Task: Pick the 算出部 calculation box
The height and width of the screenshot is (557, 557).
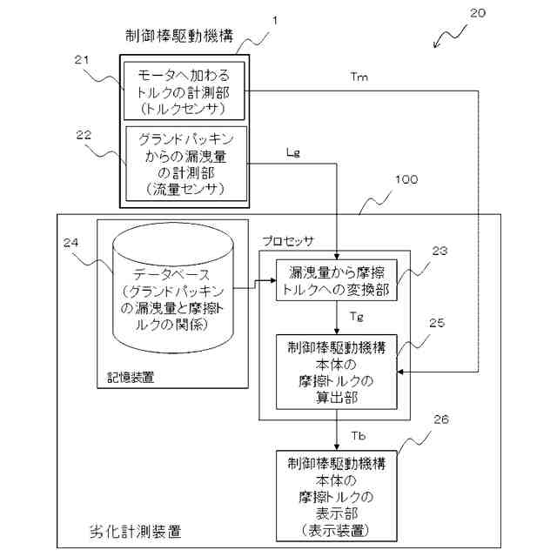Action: click(335, 372)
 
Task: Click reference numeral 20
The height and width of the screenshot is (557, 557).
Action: click(478, 13)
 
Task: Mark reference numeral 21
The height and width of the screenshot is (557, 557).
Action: click(82, 58)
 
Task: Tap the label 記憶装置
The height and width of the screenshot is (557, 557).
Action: click(126, 379)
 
